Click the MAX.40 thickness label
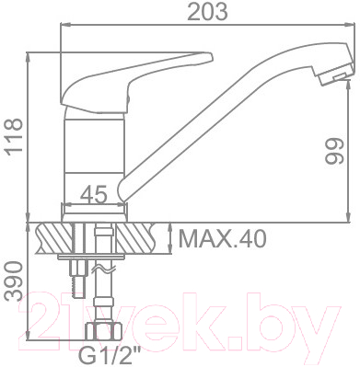pos(221,240)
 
